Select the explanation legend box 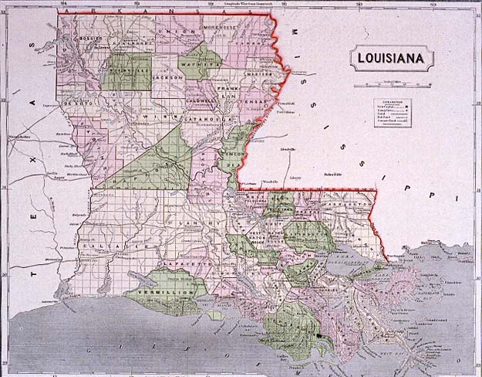[392, 112]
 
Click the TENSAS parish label [251, 101]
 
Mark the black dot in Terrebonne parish [317, 338]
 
